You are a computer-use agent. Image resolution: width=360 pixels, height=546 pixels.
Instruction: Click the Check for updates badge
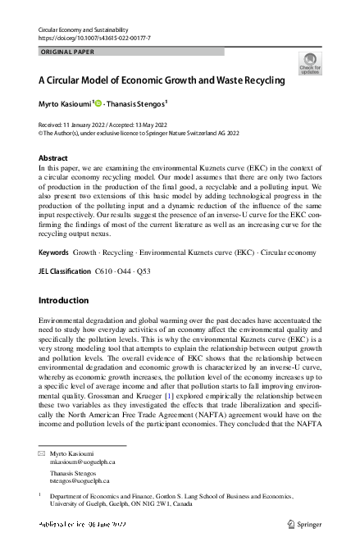point(310,63)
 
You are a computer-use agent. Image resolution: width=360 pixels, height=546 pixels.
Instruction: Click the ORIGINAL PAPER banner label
point(67,52)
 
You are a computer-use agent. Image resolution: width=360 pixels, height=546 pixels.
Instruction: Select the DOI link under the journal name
point(94,39)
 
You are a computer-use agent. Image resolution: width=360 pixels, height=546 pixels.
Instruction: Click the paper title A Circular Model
point(162,81)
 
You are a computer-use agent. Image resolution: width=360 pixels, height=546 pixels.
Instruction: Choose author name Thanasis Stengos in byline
point(137,104)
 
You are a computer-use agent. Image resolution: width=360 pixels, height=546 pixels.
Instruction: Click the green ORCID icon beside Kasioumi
point(98,104)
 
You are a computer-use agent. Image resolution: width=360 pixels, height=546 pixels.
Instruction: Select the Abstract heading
point(53,157)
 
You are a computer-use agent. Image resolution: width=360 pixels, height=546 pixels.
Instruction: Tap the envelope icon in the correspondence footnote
point(43,453)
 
